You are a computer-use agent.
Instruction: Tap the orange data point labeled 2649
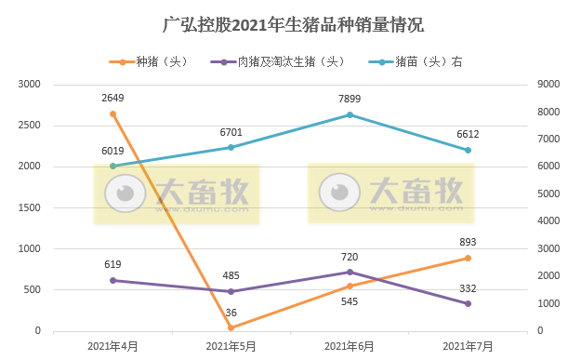coord(112,113)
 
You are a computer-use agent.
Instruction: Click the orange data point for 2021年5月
coord(231,327)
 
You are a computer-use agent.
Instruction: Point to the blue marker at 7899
coord(350,114)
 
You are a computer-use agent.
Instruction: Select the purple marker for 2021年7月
coord(468,303)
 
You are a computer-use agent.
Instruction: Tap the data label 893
coord(468,242)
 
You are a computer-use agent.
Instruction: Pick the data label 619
coord(112,264)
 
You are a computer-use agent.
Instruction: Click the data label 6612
coord(468,134)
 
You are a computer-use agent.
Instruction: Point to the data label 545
coord(350,302)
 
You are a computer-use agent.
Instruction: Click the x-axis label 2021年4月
coord(112,346)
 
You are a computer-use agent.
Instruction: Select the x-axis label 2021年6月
coord(350,346)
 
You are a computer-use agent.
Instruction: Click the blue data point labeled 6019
coord(112,167)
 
